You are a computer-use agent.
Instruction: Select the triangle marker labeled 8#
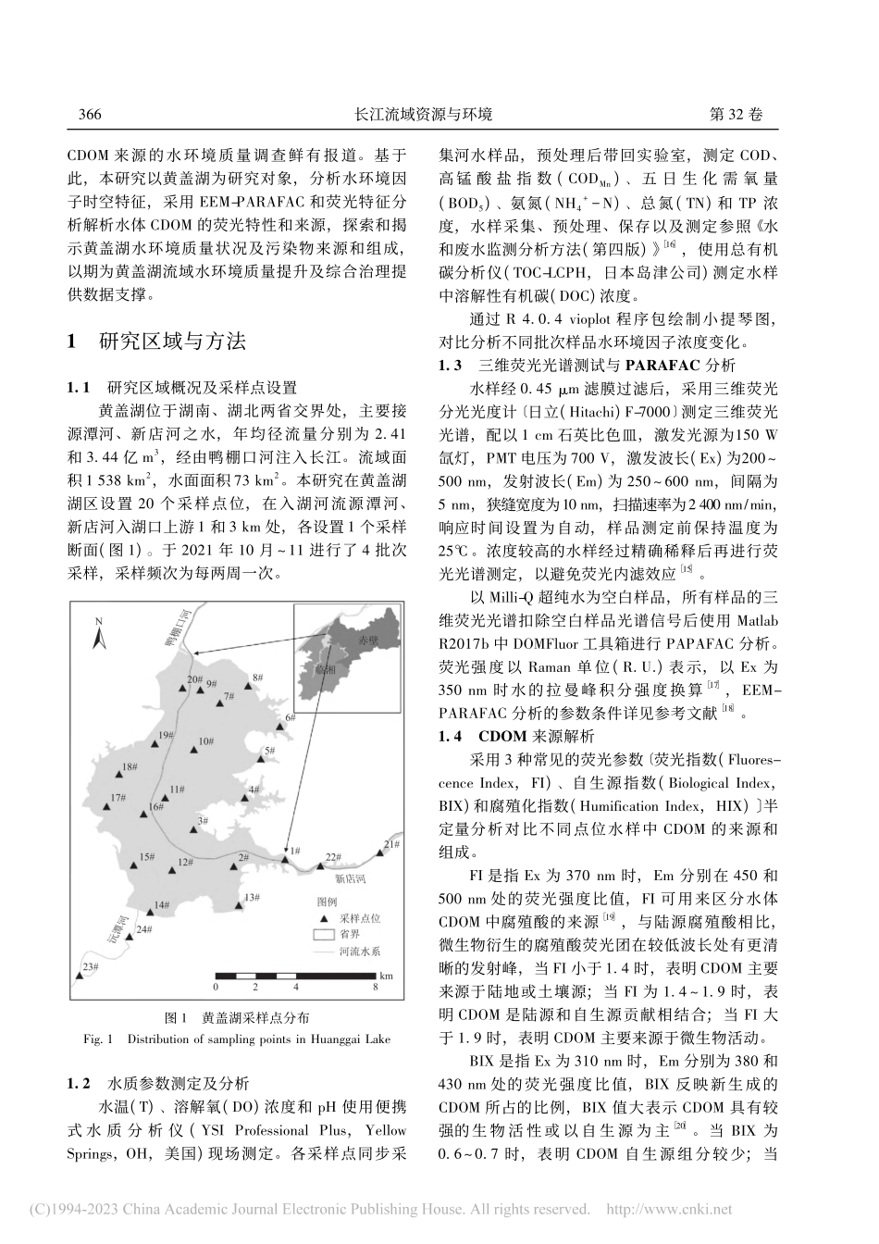(x=245, y=687)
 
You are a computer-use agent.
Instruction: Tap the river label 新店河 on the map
(x=351, y=877)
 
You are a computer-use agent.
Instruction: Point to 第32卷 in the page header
(x=736, y=115)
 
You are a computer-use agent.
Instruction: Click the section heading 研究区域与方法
(x=171, y=342)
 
